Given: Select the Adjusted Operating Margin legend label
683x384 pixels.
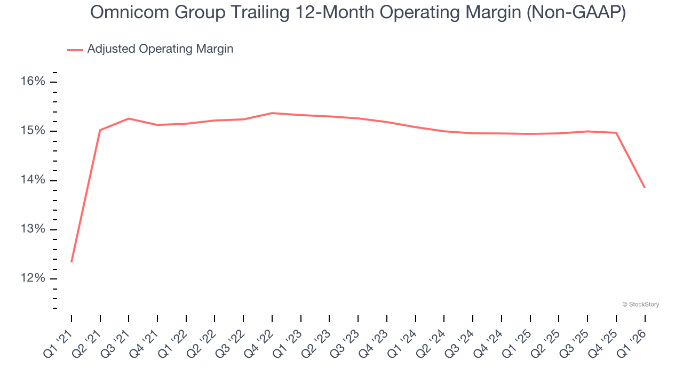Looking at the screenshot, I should (x=160, y=49).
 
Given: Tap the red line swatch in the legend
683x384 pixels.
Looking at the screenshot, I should (x=75, y=50).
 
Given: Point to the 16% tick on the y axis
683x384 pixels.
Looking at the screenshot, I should (x=33, y=82).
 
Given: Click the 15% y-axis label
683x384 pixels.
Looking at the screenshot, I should (x=33, y=131).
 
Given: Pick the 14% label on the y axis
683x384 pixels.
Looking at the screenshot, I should (x=33, y=180).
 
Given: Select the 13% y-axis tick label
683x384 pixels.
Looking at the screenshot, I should (x=33, y=229).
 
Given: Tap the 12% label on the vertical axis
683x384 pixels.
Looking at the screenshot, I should (x=33, y=279).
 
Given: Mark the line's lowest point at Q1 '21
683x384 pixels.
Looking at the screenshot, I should (x=72, y=262).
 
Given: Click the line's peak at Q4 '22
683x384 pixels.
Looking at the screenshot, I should (x=272, y=113).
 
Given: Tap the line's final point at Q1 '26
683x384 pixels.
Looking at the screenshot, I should (x=645, y=188).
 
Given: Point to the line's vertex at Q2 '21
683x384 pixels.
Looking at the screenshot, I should (x=100, y=130).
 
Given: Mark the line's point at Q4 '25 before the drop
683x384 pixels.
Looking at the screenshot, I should (x=616, y=133).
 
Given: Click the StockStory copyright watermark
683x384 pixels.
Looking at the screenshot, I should (x=640, y=305).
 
